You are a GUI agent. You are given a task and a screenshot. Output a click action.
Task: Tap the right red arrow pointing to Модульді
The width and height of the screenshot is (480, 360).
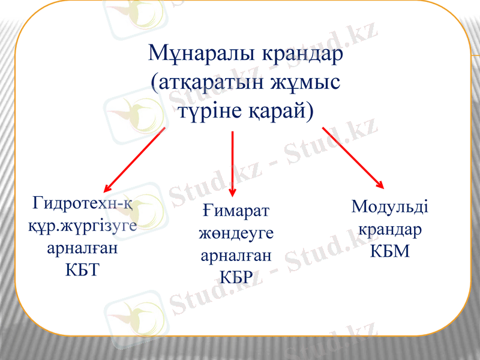coord(353,157)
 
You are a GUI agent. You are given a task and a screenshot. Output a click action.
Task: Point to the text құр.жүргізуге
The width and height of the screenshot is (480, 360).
coord(82,226)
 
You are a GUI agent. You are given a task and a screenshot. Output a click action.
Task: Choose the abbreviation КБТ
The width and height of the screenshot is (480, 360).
coord(82,269)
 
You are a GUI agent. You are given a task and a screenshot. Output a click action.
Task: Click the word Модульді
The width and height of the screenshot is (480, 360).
coord(389,208)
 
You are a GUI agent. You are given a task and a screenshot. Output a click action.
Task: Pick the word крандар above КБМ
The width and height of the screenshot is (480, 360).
coord(389,229)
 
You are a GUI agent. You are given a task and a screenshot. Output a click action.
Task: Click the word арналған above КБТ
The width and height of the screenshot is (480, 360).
coord(82,248)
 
